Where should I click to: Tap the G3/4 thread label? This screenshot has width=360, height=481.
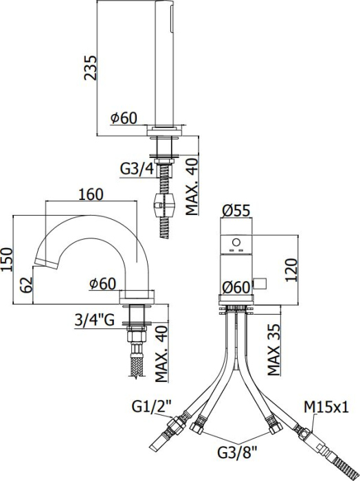pyautogui.click(x=135, y=168)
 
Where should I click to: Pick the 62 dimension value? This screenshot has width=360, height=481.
pyautogui.click(x=24, y=284)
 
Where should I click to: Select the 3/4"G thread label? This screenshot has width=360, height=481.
pyautogui.click(x=96, y=319)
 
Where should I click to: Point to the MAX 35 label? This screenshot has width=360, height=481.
pyautogui.click(x=273, y=350)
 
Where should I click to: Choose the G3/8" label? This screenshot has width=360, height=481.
pyautogui.click(x=237, y=453)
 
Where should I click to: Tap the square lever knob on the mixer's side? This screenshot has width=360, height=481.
pyautogui.click(x=260, y=282)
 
